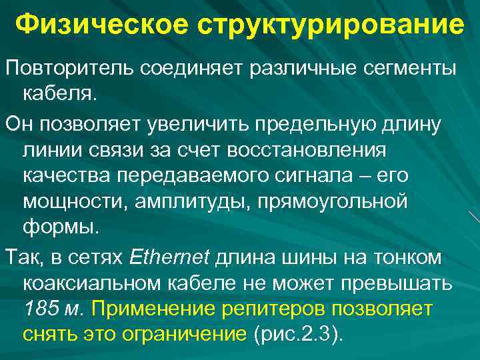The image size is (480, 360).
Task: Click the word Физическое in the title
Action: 89,25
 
